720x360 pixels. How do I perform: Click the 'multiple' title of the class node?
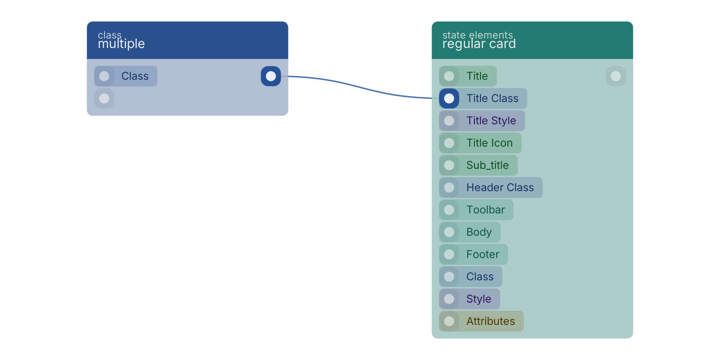coord(121,44)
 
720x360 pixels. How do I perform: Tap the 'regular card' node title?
coord(479,44)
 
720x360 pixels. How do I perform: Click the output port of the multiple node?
coord(271,76)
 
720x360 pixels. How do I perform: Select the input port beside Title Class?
coord(449,99)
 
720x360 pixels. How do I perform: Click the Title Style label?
coord(491,120)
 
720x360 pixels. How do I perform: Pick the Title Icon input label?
coord(489,143)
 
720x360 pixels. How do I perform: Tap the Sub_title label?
coord(488,165)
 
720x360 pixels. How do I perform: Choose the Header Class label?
coord(500,187)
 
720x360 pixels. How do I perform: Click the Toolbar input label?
coord(486,210)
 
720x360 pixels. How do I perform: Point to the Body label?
coord(479,232)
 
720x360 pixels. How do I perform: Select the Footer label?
coord(483,254)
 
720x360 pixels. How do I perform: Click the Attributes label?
coord(490,321)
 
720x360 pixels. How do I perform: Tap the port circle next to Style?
coord(449,299)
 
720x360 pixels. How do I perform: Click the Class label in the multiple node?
coord(135,76)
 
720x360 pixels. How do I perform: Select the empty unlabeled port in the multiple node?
coord(104,99)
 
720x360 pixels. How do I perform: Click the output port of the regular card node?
coord(616,76)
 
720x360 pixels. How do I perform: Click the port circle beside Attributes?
coord(449,321)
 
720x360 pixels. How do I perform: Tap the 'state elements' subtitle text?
coord(477,35)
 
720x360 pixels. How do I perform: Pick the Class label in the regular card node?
coord(480,276)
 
